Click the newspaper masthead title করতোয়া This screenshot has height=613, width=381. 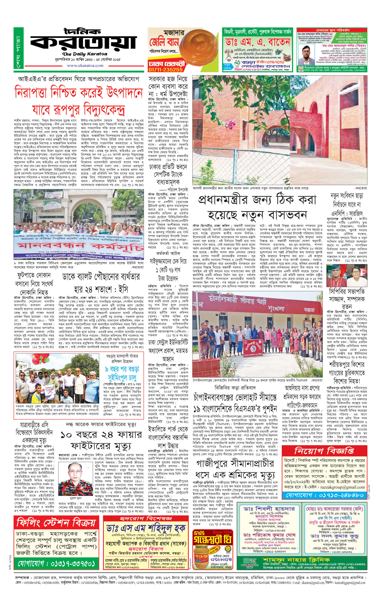click(x=83, y=42)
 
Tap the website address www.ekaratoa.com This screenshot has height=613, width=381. click(x=85, y=66)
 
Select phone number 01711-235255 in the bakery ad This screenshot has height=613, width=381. click(x=165, y=70)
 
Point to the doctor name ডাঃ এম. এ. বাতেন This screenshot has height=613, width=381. click(x=258, y=42)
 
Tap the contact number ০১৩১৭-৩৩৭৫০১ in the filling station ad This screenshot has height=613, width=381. click(x=56, y=563)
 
